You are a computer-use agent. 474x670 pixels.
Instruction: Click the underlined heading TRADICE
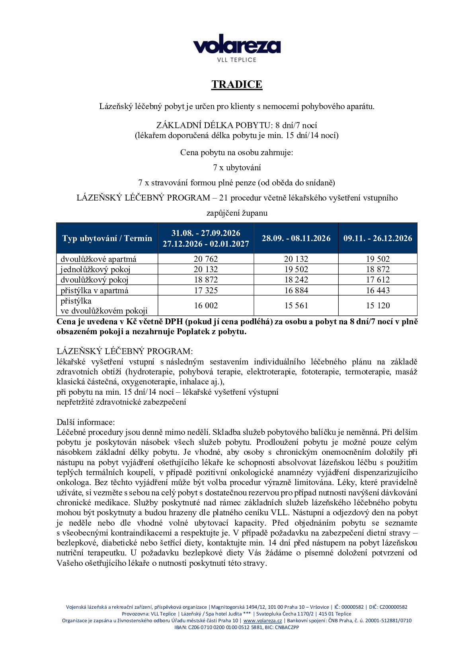coord(237,84)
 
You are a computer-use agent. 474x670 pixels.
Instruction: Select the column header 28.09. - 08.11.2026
coord(296,238)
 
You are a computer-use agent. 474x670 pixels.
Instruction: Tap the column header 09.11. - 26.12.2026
coord(378,238)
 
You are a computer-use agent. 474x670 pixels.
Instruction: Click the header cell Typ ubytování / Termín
coord(107,238)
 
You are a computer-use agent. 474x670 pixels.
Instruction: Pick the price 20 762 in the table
coord(206,259)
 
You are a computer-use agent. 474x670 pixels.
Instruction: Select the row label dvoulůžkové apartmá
coord(98,259)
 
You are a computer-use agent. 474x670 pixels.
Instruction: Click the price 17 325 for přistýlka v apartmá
coord(206,290)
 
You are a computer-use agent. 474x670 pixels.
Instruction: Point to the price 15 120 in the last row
coord(378,306)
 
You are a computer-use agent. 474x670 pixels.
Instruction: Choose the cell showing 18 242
coord(296,280)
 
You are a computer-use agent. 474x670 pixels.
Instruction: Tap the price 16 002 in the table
coord(206,306)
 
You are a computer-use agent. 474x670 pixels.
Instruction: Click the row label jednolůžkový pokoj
coord(96,269)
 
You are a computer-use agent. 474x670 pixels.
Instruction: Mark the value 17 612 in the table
coord(378,280)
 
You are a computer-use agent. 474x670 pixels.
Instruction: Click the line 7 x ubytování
coord(237,167)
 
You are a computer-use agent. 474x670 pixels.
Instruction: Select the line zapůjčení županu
coord(237,213)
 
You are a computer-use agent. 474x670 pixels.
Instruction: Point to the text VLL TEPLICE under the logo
coord(237,60)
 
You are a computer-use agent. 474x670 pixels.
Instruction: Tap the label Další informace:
coord(86,422)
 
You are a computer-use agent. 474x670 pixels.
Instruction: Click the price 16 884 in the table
coord(296,290)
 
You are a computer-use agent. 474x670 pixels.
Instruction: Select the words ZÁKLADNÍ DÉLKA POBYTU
coord(213,125)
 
